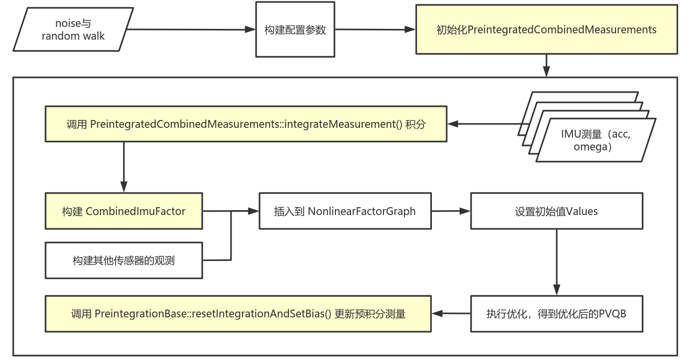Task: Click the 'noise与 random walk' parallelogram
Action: click(x=73, y=29)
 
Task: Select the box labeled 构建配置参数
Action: click(x=295, y=29)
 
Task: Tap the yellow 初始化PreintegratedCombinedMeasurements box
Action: click(x=546, y=29)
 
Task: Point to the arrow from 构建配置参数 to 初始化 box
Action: click(x=375, y=29)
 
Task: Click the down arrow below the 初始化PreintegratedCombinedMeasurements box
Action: click(x=546, y=65)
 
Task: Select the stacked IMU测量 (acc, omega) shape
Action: click(x=595, y=140)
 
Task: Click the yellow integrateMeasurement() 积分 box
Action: click(x=246, y=124)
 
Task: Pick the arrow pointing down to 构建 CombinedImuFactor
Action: click(x=123, y=167)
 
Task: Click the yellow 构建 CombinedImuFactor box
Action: click(x=123, y=211)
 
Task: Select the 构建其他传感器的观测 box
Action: click(x=123, y=260)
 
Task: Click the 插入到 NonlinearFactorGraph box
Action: click(x=345, y=211)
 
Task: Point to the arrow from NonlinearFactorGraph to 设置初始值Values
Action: click(x=450, y=211)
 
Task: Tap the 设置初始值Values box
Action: click(x=556, y=211)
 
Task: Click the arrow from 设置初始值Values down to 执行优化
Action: click(x=556, y=262)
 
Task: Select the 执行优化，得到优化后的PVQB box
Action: click(x=556, y=313)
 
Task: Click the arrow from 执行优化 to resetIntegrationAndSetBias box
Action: click(x=450, y=313)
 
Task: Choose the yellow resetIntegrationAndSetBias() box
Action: click(x=238, y=313)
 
